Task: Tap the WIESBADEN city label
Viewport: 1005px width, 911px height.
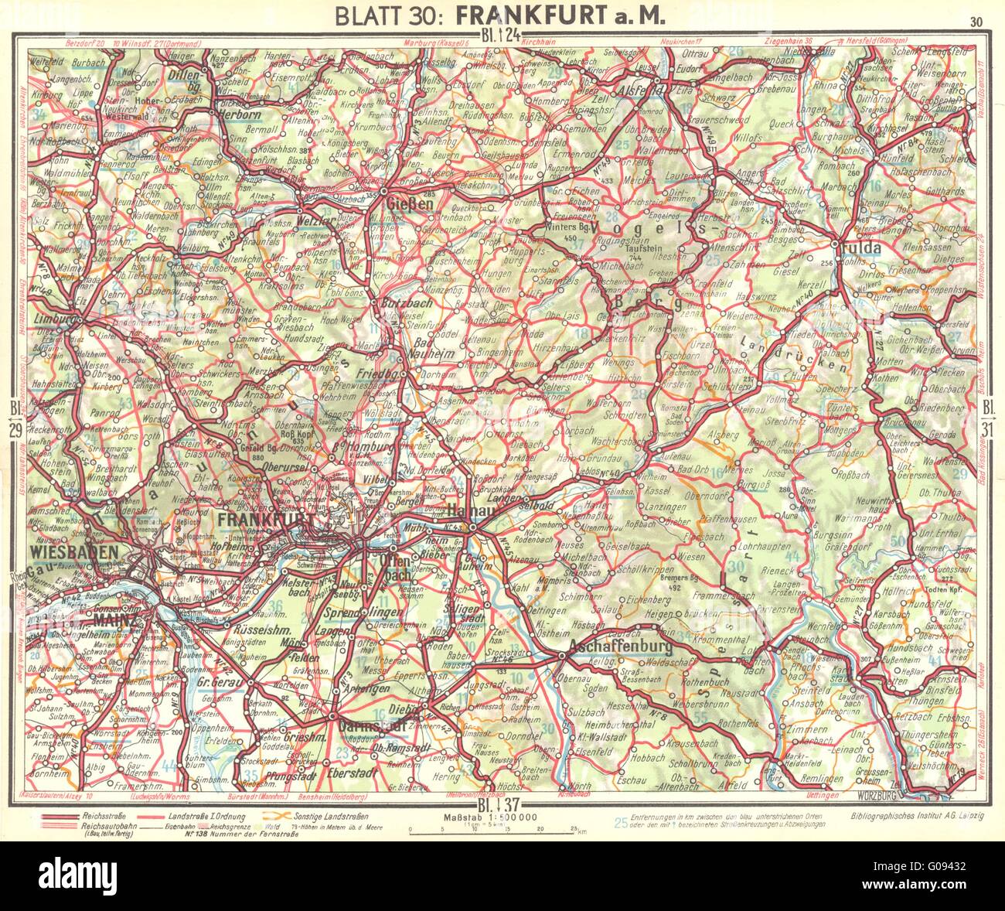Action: pos(74,551)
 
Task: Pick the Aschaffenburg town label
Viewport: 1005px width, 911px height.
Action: pos(618,645)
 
